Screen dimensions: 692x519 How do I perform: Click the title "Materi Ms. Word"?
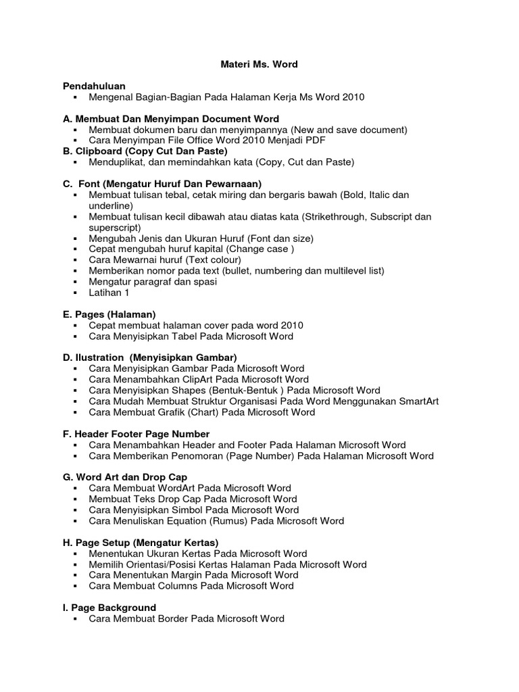coord(259,64)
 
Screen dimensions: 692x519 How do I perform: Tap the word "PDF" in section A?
coord(316,141)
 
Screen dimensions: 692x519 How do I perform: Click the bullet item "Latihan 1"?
coord(109,293)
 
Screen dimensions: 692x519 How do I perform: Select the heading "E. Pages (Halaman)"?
coord(109,314)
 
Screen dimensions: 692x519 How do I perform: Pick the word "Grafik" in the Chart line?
coord(181,412)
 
